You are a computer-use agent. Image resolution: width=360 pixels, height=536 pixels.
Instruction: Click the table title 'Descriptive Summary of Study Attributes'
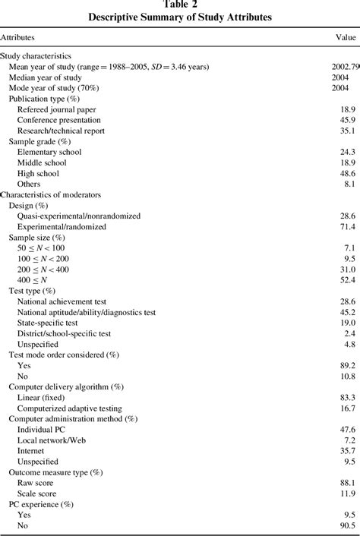click(179, 17)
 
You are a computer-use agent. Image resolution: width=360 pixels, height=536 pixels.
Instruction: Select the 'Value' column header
click(346, 37)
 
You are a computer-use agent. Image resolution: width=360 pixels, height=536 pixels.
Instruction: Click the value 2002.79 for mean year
click(343, 66)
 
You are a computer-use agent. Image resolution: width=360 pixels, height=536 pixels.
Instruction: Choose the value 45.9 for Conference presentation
click(347, 120)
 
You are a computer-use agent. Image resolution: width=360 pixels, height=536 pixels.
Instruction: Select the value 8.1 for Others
click(349, 184)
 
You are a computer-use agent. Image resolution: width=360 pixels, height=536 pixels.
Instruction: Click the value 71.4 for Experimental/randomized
click(347, 227)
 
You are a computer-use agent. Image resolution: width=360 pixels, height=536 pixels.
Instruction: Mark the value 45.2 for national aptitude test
click(347, 312)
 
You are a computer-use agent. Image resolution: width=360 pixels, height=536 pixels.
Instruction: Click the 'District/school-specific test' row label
click(64, 333)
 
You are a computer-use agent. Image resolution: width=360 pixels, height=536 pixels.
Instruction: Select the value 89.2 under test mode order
click(347, 365)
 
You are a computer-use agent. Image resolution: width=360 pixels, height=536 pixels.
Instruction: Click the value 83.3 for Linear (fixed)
click(347, 397)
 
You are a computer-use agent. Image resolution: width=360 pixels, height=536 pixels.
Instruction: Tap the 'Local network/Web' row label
click(49, 440)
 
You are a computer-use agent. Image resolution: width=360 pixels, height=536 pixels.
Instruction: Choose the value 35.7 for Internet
click(347, 450)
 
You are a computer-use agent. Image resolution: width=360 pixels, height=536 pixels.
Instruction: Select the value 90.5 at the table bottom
click(347, 525)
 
